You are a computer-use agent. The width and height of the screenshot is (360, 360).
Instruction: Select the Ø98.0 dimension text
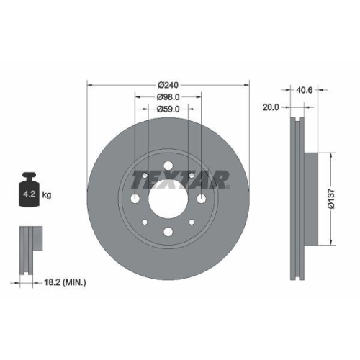168,96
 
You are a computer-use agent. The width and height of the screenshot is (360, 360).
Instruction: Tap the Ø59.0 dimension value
168,109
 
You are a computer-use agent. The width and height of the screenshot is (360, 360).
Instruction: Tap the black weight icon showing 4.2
29,191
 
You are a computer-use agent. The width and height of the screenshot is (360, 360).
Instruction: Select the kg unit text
46,194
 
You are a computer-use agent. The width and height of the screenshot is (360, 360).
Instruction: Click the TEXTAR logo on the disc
186,178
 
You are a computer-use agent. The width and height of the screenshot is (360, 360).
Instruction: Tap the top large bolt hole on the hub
167,167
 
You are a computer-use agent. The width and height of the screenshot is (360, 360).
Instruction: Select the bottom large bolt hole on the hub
167,232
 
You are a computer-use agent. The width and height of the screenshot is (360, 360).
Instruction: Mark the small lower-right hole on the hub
190,222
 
